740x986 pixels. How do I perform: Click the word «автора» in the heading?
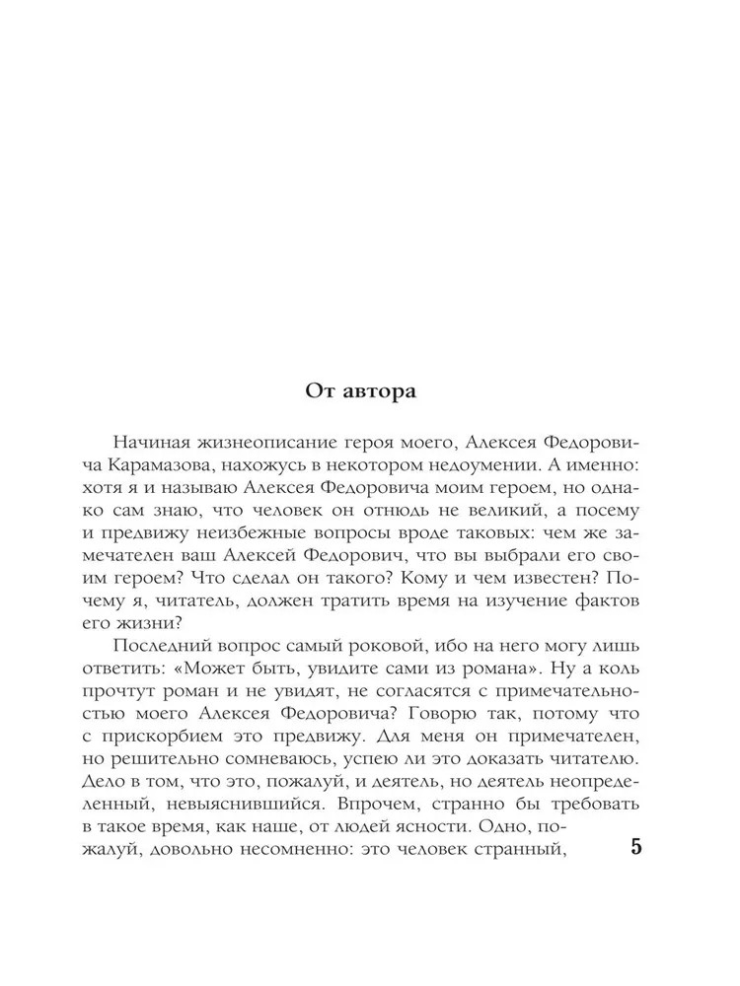point(378,390)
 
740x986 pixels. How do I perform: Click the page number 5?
point(636,850)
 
